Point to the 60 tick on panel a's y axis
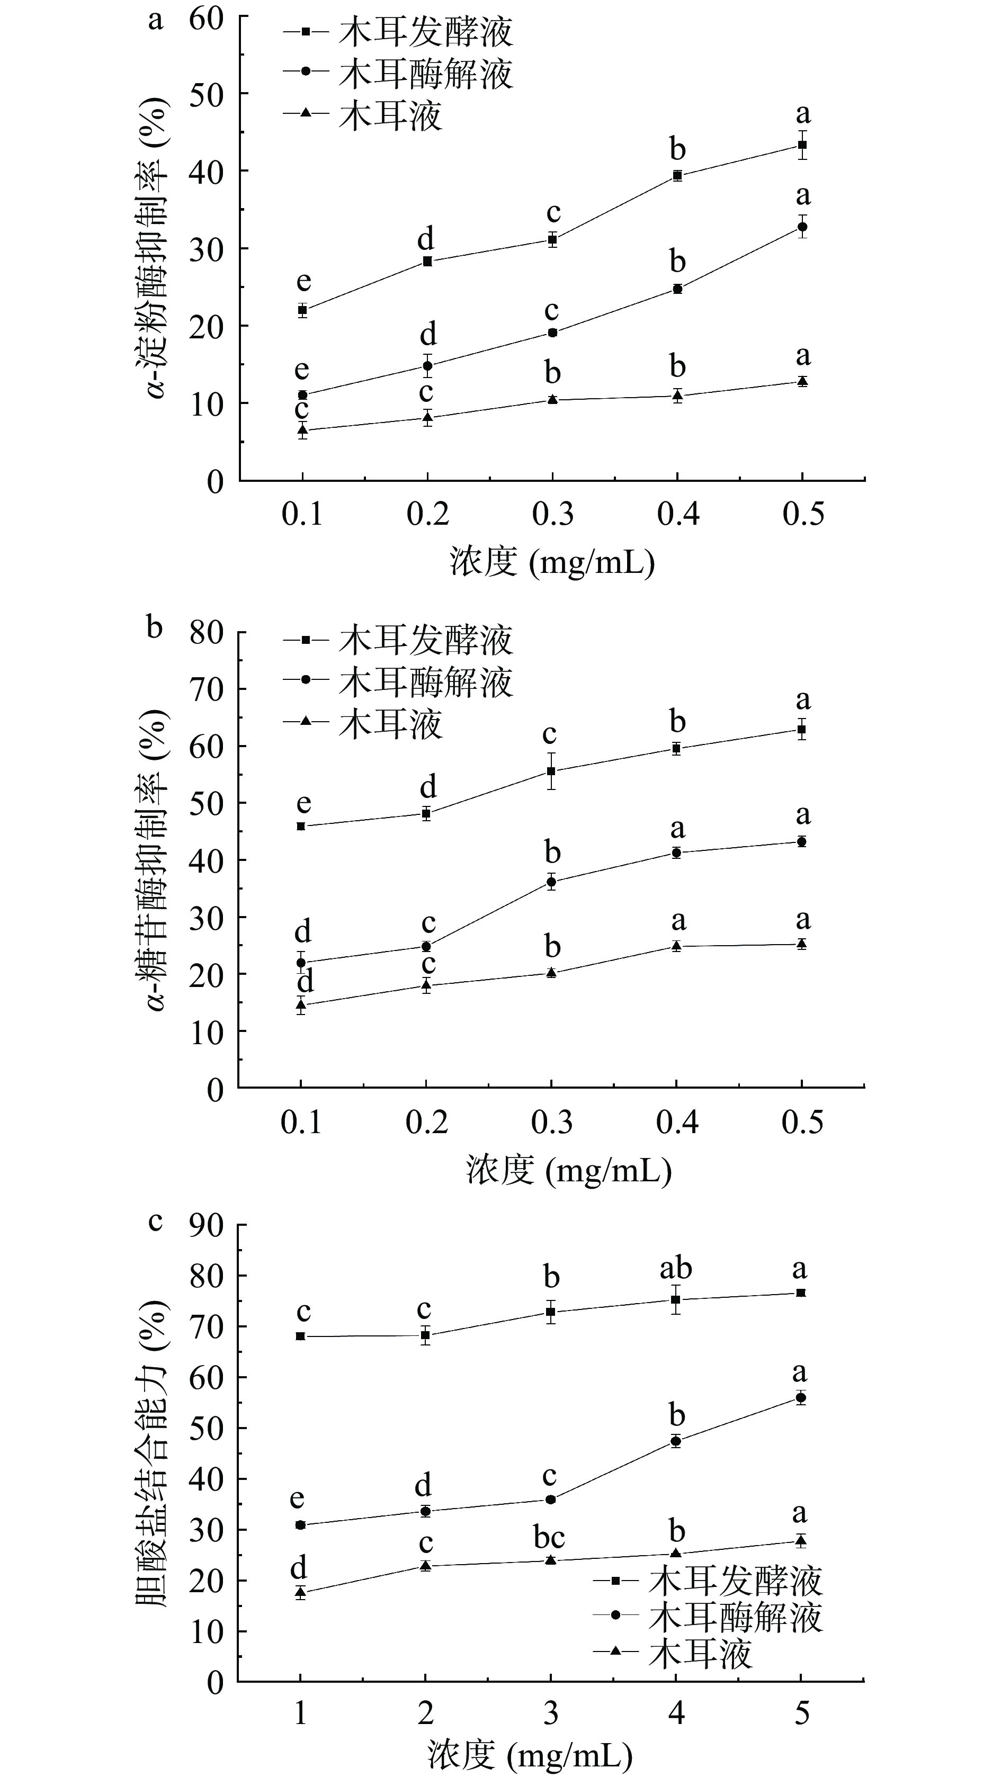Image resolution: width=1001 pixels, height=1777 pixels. [206, 18]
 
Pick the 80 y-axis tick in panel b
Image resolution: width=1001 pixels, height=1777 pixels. [206, 633]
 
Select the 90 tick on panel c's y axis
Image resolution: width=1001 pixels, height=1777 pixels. [206, 1226]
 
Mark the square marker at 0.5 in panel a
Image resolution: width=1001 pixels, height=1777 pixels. [802, 145]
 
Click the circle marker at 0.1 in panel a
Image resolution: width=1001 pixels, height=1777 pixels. [302, 394]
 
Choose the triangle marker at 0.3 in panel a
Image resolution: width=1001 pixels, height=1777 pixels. [552, 399]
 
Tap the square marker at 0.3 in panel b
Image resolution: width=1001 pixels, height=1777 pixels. [551, 771]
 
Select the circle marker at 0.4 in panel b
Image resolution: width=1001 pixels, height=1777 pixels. [677, 852]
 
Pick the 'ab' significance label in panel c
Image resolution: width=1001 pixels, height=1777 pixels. [675, 1268]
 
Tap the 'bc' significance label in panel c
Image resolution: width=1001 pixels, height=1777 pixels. [549, 1538]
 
